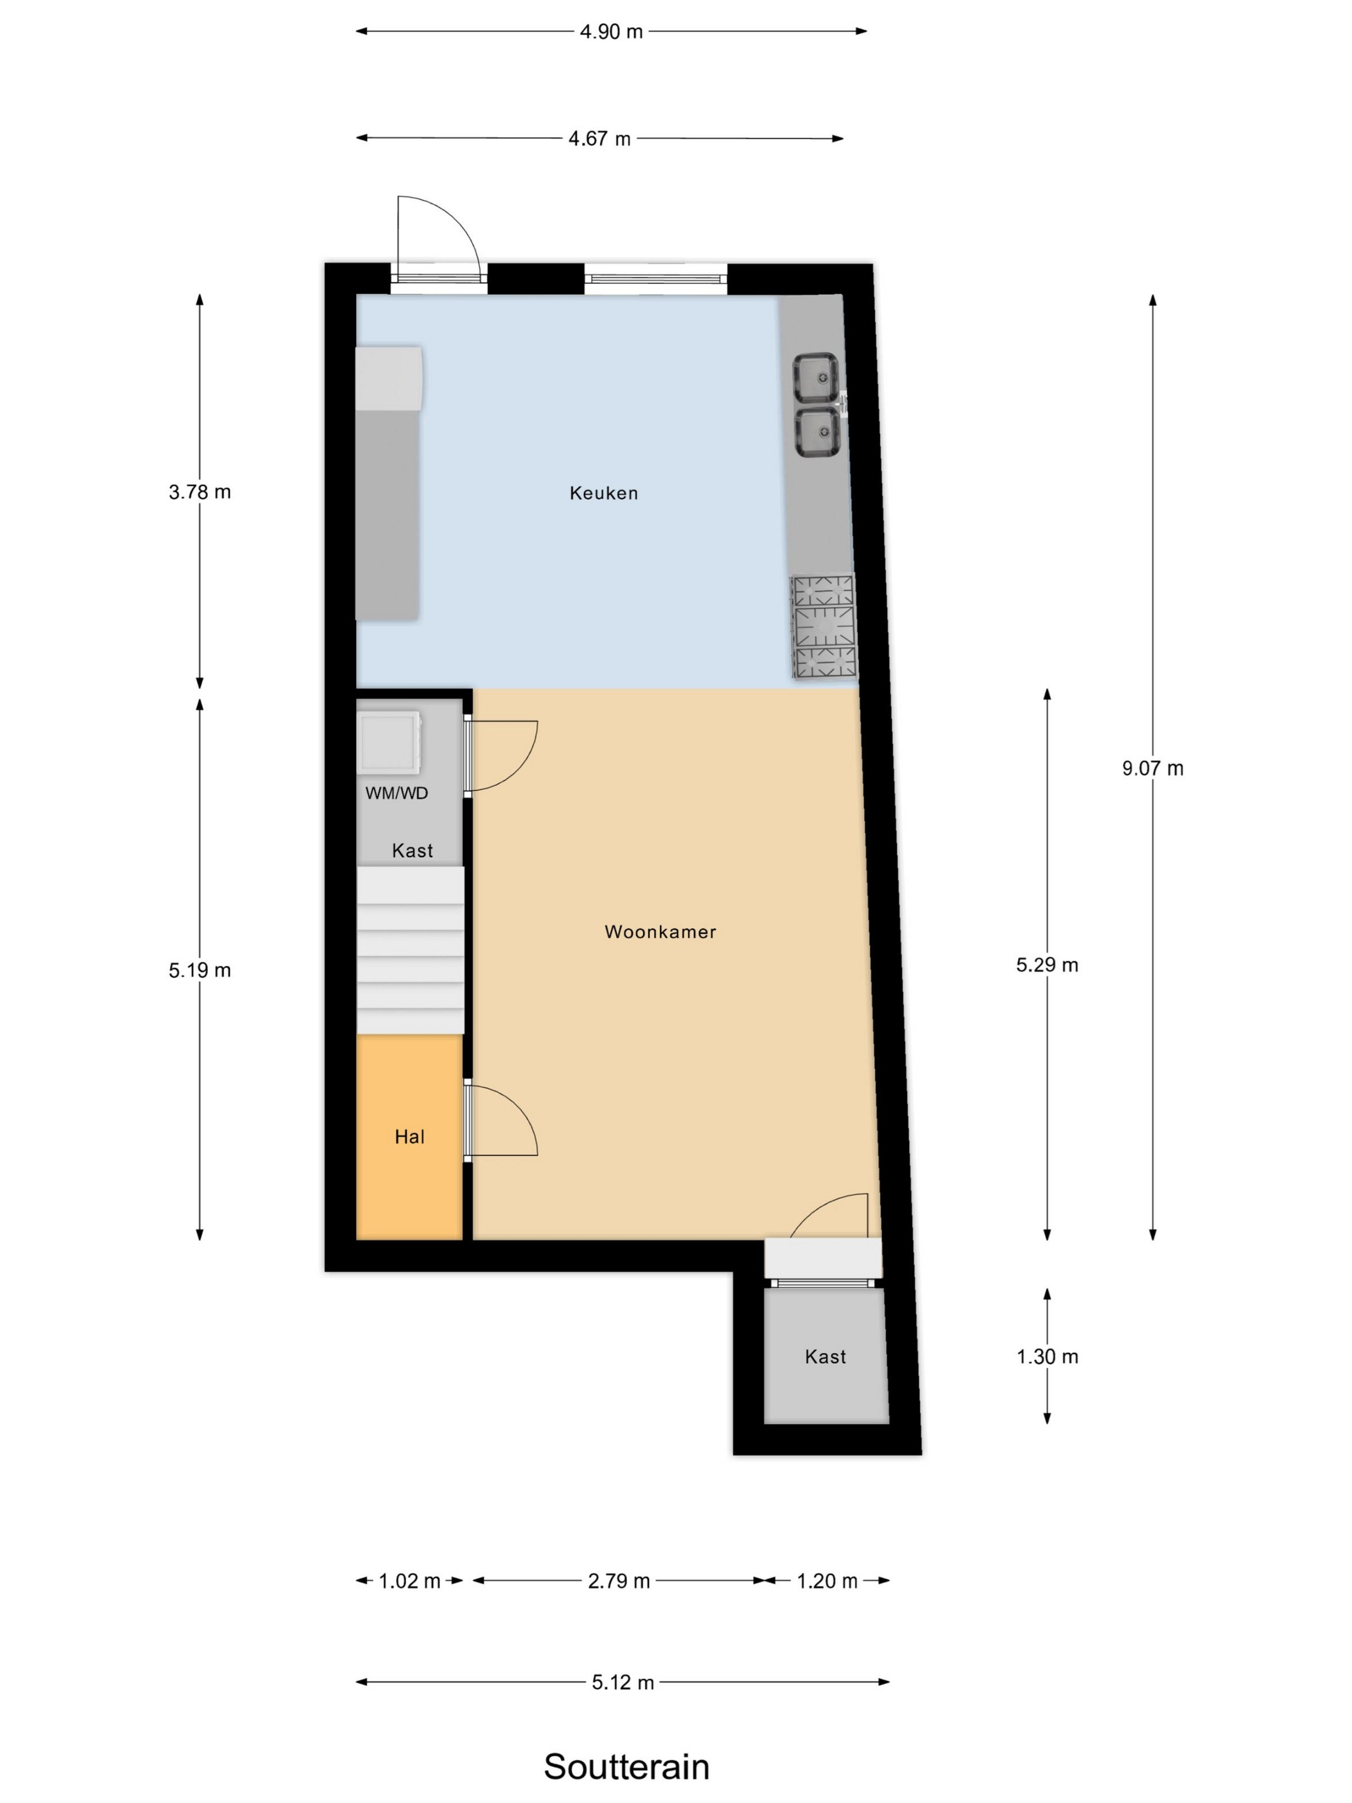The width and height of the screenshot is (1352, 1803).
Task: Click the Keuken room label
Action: pyautogui.click(x=603, y=493)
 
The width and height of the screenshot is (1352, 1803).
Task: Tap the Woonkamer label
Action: pyautogui.click(x=660, y=932)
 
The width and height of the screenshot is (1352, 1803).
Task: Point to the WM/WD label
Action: pyautogui.click(x=396, y=793)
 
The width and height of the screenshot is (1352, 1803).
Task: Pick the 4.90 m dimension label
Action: pyautogui.click(x=611, y=32)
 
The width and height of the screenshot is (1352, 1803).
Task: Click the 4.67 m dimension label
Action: pyautogui.click(x=600, y=138)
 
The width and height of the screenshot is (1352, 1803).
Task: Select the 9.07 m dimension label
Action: pyautogui.click(x=1152, y=768)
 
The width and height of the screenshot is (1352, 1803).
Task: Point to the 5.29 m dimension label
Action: pyautogui.click(x=1047, y=965)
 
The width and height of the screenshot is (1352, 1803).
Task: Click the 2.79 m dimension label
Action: pyautogui.click(x=619, y=1581)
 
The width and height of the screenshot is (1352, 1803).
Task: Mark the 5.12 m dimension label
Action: pyautogui.click(x=623, y=1683)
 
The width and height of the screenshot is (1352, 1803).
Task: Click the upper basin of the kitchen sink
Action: pyautogui.click(x=816, y=377)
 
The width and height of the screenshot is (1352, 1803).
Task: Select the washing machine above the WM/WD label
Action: pyautogui.click(x=390, y=742)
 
